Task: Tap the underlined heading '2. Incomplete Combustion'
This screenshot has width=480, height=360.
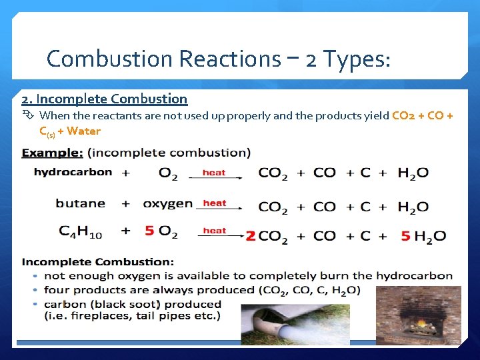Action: click(105, 99)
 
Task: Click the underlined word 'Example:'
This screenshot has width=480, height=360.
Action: click(53, 153)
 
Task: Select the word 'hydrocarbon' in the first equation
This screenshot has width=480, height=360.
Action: click(73, 172)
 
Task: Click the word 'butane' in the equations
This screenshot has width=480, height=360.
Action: click(81, 203)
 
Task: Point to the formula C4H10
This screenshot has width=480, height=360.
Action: click(81, 232)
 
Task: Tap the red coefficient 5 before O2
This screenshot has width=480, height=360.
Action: click(149, 231)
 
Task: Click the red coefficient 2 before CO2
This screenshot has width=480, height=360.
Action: click(251, 235)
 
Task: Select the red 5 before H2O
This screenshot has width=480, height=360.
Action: click(405, 235)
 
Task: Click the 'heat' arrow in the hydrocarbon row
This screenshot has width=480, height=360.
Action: click(214, 174)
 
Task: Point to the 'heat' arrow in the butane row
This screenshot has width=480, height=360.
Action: click(215, 204)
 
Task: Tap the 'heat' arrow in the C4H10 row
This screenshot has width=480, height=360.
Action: click(215, 232)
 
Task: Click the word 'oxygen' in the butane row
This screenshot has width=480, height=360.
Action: click(167, 203)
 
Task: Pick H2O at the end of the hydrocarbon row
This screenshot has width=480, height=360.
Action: click(413, 173)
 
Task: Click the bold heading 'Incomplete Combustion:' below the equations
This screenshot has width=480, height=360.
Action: click(98, 262)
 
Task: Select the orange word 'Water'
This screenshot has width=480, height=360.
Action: click(84, 131)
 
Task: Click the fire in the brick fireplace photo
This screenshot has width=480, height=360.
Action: click(421, 325)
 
